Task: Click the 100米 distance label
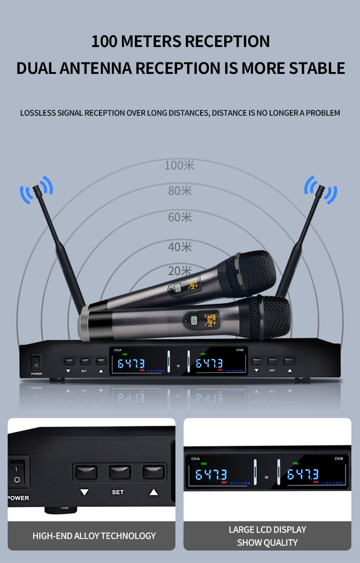[179, 165]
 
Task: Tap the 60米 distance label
[179, 217]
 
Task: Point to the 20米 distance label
[179, 271]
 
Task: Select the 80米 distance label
[179, 191]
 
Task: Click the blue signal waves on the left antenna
[36, 191]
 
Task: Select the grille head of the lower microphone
[269, 317]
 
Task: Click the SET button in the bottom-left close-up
[120, 472]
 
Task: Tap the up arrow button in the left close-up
[154, 472]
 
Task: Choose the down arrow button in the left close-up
[84, 472]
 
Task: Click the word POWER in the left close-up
[19, 498]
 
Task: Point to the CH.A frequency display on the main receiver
[131, 364]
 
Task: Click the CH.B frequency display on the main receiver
[209, 364]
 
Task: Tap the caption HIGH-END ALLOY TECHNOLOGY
[94, 535]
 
